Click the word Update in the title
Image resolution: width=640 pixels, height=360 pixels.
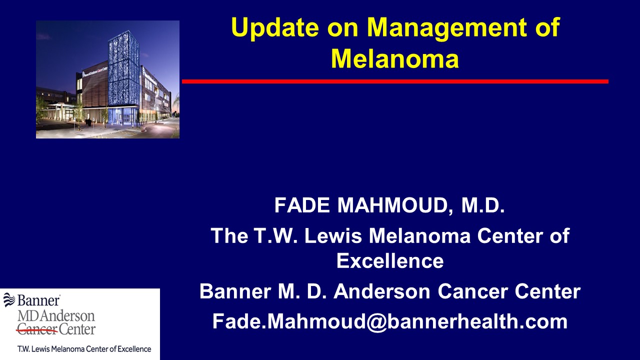275,27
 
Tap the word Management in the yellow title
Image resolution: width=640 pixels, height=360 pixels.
447,27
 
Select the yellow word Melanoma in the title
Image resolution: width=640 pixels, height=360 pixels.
395,59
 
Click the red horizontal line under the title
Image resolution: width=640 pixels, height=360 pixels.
395,81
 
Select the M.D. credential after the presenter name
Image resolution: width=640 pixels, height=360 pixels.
483,205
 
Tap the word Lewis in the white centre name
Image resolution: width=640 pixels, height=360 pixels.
333,235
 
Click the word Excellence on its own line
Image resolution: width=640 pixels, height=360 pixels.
390,261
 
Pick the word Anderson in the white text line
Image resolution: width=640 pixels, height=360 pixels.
382,291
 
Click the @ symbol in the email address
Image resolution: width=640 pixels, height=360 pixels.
376,322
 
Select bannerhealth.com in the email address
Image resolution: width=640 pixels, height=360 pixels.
477,321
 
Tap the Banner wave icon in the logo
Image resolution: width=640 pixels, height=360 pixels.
9,299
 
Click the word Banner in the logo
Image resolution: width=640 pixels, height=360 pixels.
38,300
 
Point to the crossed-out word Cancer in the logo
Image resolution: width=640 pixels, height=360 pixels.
37,329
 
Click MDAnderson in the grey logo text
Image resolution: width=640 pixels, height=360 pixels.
56,315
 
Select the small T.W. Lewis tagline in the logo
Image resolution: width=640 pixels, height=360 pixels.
84,349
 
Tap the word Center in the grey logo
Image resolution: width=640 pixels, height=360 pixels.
77,329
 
